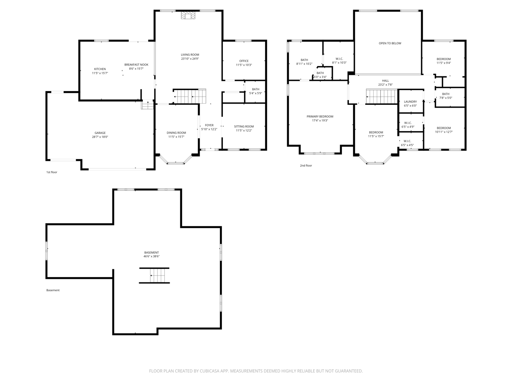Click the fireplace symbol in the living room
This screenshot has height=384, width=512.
(188, 15)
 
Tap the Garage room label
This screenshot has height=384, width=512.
(100, 133)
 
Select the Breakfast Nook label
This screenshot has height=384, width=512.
(136, 64)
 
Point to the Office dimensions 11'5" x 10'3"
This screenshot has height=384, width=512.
(244, 65)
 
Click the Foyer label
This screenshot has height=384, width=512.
(209, 125)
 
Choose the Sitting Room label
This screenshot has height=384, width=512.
(244, 126)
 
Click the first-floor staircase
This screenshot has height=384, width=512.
(190, 96)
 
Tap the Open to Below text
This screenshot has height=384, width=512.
(390, 43)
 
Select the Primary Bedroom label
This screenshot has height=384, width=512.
(320, 116)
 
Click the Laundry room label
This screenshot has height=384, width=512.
(410, 102)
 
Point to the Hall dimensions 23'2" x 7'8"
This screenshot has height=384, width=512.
(385, 85)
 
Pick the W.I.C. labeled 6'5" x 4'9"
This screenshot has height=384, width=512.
(408, 125)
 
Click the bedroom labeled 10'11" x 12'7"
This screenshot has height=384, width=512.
(444, 130)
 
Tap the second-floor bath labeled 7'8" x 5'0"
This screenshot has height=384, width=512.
(446, 96)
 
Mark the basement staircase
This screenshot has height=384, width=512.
(154, 275)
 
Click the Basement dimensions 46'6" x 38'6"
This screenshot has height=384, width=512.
(151, 256)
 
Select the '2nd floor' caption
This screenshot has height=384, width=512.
(306, 166)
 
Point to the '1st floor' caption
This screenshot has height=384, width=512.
(52, 172)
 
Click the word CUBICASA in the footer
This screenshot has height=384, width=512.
(210, 371)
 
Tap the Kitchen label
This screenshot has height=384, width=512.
(100, 69)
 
